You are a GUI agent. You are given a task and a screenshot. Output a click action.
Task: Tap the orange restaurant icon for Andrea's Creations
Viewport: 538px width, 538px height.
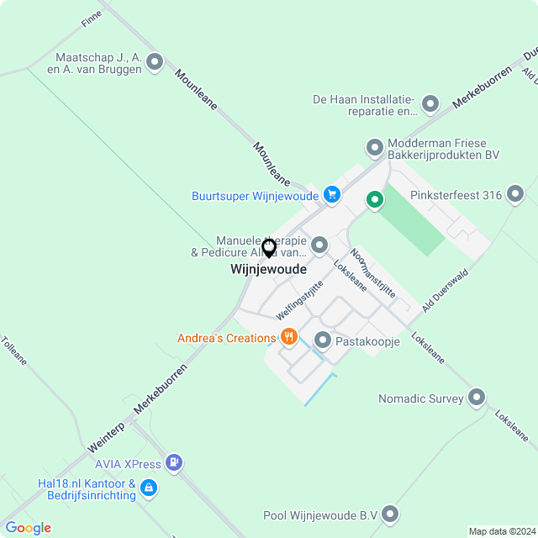(x=289, y=337)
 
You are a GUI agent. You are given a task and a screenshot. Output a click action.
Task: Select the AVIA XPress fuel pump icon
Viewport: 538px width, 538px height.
(x=174, y=462)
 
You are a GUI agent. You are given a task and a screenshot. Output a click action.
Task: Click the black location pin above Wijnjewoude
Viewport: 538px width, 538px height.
(x=269, y=248)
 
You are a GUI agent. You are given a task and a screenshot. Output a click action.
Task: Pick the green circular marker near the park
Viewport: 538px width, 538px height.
(x=374, y=200)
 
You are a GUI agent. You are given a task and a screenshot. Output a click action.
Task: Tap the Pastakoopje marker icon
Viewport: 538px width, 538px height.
(x=323, y=340)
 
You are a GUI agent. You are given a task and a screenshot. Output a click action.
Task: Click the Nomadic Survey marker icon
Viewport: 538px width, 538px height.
(x=477, y=397)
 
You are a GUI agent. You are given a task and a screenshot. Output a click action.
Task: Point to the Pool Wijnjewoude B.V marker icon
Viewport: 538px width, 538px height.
(x=390, y=514)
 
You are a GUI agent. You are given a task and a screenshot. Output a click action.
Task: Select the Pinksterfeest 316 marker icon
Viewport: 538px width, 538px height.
(x=514, y=196)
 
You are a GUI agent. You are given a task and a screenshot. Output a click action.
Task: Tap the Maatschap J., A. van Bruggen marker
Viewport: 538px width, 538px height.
(x=155, y=61)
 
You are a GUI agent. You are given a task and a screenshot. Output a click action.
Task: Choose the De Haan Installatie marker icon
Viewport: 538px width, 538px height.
(x=430, y=104)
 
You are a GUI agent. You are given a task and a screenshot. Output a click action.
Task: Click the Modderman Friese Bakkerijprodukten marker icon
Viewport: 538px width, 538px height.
(x=375, y=148)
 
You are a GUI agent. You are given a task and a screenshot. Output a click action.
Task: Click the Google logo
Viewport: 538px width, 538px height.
(x=28, y=527)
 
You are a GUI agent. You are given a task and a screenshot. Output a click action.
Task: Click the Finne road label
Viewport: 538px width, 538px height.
(x=92, y=18)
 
